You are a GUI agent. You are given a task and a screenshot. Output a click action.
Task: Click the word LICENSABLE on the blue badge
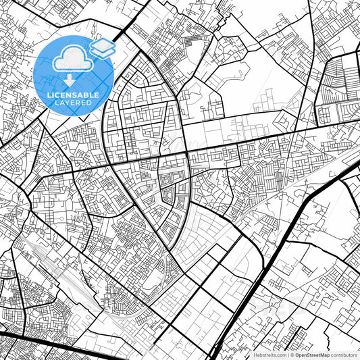click(x=75, y=95)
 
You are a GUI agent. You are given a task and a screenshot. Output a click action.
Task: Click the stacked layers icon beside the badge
click(x=103, y=48)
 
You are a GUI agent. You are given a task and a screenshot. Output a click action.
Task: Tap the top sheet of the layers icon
click(x=103, y=45)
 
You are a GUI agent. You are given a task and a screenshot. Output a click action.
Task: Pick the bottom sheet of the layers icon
click(x=103, y=53)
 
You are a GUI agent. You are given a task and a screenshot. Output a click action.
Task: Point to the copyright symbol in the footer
click(x=291, y=354)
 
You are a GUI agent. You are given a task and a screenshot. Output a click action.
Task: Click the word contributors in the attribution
click(x=343, y=354)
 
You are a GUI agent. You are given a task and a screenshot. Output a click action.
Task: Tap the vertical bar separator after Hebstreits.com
click(x=286, y=354)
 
